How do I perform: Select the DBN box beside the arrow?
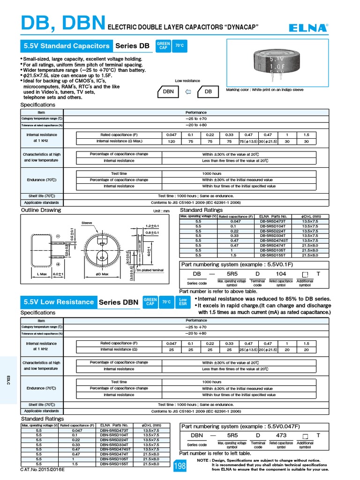pos(168,92)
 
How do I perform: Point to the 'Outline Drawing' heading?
pos(41,210)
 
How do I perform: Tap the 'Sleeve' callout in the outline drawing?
pos(87,223)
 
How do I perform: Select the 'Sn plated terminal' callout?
pos(150,270)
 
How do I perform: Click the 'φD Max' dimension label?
pos(102,274)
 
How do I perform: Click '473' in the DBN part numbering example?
pos(281,435)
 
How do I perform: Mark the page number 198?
pos(180,466)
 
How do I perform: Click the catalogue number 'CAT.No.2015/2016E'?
pos(42,469)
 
